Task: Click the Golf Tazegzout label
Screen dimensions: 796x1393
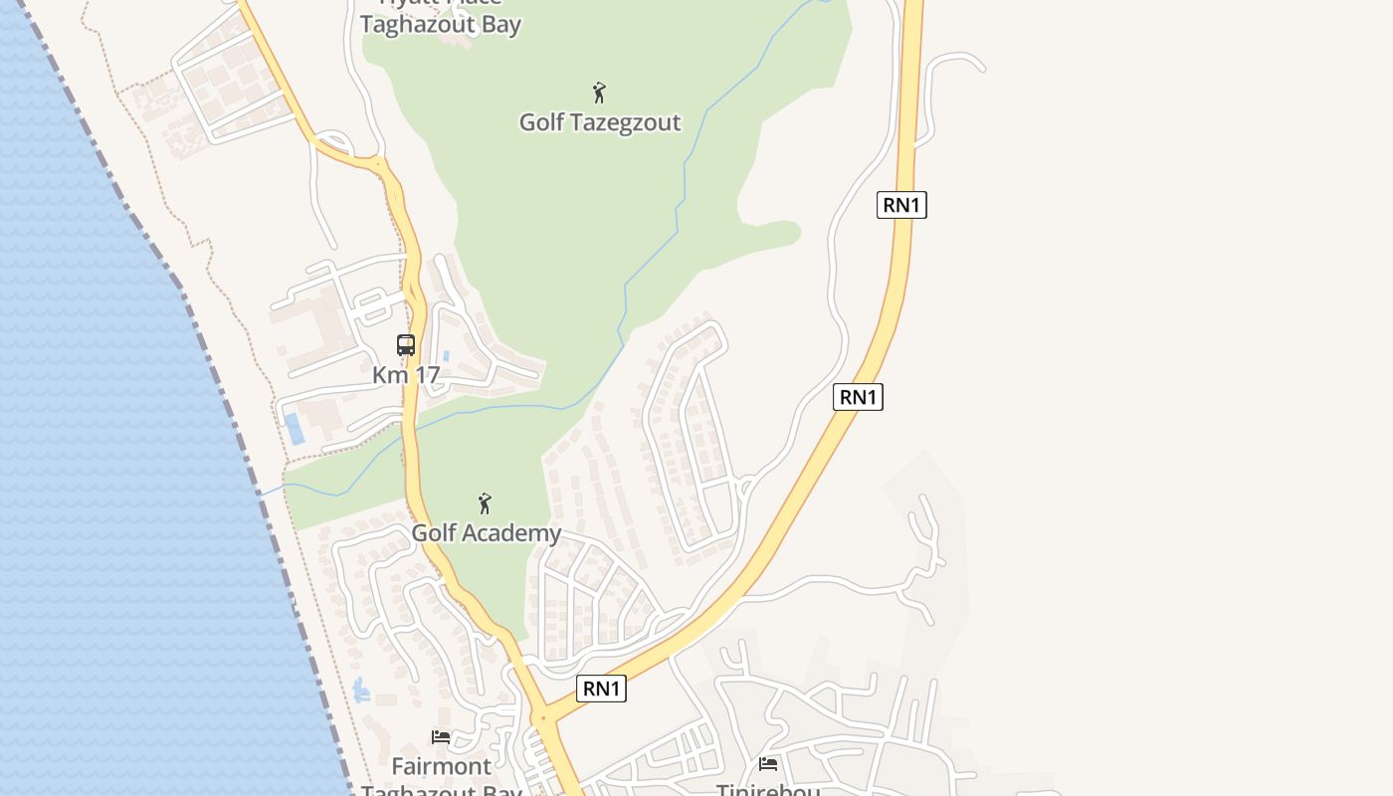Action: [x=600, y=122]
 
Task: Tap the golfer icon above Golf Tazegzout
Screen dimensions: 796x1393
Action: [x=599, y=93]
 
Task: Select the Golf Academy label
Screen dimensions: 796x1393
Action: [x=487, y=532]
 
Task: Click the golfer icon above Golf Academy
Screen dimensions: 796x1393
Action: [x=485, y=503]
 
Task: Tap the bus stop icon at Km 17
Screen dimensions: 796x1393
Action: [x=406, y=345]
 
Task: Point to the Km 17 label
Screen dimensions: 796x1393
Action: [x=406, y=375]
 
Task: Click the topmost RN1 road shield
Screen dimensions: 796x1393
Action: [x=902, y=205]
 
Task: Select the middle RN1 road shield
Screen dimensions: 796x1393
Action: [x=858, y=397]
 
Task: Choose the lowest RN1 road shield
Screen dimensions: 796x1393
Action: [x=601, y=689]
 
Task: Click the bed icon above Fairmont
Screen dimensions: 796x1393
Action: [x=441, y=737]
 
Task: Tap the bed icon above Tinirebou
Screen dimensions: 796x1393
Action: [x=768, y=764]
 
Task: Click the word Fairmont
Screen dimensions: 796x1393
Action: [x=442, y=766]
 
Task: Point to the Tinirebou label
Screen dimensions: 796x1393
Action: [x=768, y=790]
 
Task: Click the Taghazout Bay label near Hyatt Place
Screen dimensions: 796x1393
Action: [x=442, y=25]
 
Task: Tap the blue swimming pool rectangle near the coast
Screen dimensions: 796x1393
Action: [x=295, y=429]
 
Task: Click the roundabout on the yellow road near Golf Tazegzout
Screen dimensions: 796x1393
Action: [x=377, y=161]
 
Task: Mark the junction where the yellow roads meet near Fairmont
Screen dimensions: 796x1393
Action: [x=542, y=717]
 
